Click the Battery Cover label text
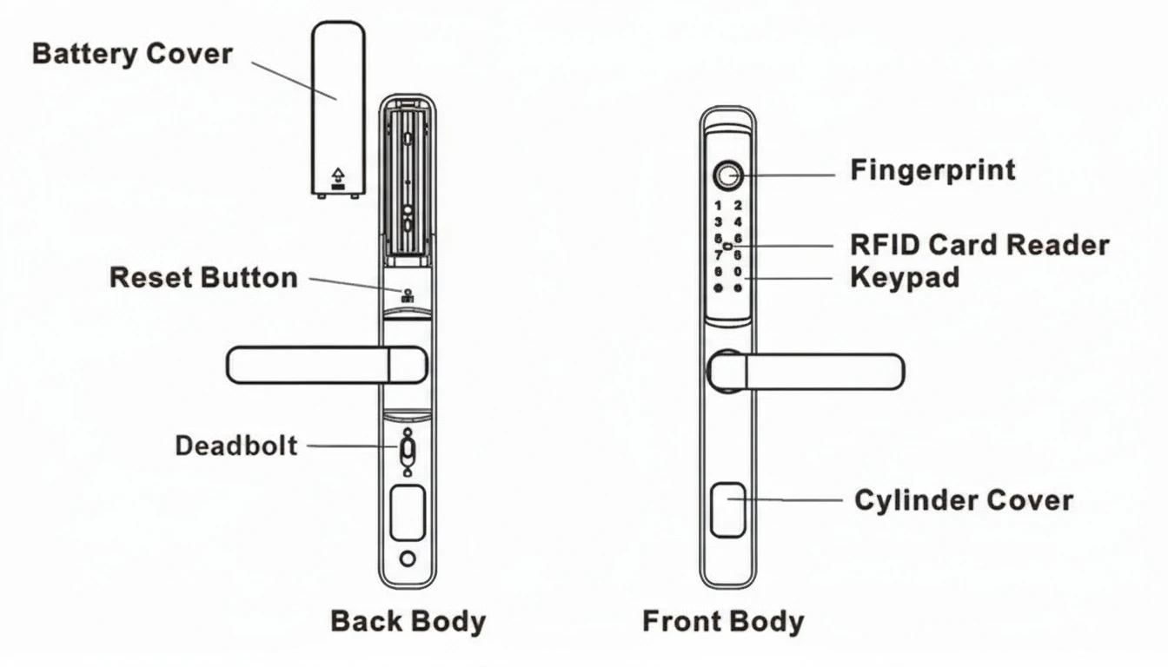(132, 54)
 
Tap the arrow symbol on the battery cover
(337, 176)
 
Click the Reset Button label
(203, 278)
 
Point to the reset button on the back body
(407, 293)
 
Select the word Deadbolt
(236, 446)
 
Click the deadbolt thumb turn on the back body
(408, 452)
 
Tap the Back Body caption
(408, 622)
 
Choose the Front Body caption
(723, 622)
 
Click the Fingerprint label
(932, 169)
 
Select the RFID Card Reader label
(979, 245)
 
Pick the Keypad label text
(905, 278)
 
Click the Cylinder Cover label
(964, 500)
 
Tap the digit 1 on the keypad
(719, 207)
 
